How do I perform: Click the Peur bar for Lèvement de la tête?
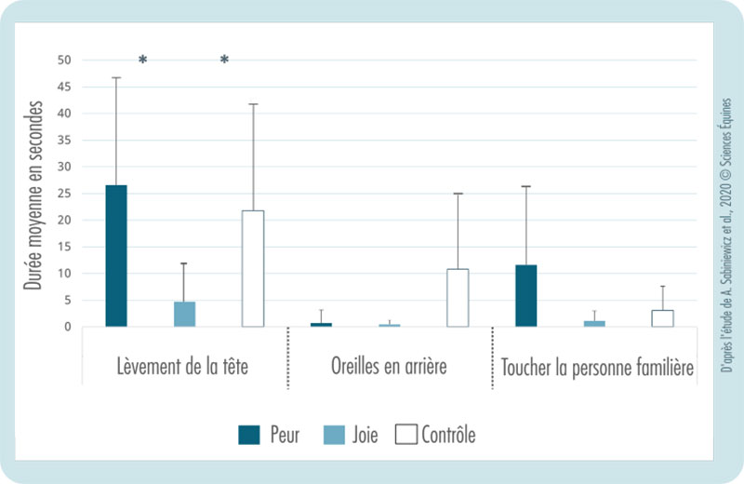tap(116, 256)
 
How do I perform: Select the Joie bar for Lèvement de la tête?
tap(184, 314)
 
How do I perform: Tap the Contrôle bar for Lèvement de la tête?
tap(253, 268)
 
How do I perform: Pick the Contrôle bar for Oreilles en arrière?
tap(458, 298)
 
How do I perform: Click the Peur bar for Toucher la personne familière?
tap(525, 296)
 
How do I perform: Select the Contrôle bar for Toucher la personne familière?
tap(662, 318)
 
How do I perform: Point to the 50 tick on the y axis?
tap(63, 60)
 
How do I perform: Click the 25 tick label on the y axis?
tap(63, 194)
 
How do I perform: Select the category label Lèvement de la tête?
tap(184, 366)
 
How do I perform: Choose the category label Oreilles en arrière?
tap(389, 366)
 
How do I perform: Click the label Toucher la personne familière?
tap(596, 366)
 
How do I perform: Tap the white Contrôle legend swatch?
tap(405, 435)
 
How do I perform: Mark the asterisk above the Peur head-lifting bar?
tap(142, 60)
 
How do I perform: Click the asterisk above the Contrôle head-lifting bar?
tap(224, 60)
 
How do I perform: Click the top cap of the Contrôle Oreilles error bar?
tap(458, 194)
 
